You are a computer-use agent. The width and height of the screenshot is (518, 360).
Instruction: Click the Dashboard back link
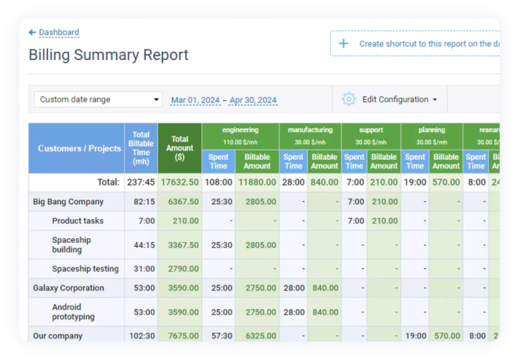(58, 32)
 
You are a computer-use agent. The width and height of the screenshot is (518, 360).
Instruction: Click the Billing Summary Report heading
(109, 55)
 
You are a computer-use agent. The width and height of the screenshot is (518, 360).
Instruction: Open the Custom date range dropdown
(98, 100)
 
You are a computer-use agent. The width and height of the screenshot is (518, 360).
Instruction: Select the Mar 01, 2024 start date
(196, 100)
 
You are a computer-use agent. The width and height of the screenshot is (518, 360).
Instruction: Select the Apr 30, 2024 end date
(253, 100)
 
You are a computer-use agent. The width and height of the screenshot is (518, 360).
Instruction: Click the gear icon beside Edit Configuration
(349, 99)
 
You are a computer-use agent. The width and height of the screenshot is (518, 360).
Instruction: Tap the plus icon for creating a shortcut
(343, 44)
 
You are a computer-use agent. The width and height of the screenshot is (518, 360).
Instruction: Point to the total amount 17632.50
(179, 182)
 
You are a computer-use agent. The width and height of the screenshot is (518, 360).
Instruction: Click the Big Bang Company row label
(68, 202)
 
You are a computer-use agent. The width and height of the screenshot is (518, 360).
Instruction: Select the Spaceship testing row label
(85, 269)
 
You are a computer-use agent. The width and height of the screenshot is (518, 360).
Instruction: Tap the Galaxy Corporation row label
(69, 288)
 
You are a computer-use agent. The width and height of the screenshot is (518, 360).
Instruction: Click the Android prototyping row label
(74, 312)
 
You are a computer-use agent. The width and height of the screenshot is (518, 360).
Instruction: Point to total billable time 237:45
(141, 182)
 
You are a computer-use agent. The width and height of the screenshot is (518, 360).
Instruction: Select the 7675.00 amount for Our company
(179, 336)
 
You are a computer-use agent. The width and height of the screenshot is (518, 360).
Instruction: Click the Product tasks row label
(78, 220)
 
